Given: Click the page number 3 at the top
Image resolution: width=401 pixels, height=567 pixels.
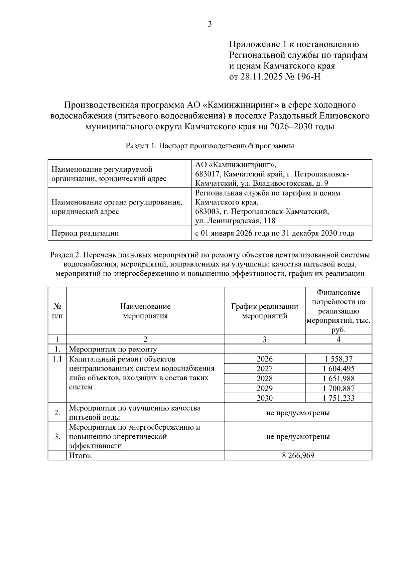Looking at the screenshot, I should click(x=210, y=24).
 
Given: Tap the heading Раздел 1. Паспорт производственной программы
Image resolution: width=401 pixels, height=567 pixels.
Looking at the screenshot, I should click(x=210, y=146).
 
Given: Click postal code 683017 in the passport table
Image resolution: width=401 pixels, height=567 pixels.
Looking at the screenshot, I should click(x=207, y=174).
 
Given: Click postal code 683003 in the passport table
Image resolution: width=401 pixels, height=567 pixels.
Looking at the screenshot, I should click(x=207, y=211).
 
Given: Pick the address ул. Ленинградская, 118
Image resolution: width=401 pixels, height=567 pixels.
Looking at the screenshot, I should click(x=235, y=221).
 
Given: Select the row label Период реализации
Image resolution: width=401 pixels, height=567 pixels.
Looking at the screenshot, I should click(x=85, y=233).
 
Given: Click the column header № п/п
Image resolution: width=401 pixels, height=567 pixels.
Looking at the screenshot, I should click(x=57, y=311).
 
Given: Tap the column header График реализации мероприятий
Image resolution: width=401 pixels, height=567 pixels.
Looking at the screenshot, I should click(x=264, y=311).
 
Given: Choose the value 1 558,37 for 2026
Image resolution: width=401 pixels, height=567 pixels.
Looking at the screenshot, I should click(x=338, y=359).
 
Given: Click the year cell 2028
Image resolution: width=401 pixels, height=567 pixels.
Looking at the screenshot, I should click(x=264, y=379).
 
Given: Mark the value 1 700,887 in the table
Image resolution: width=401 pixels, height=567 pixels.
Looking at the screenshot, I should click(x=338, y=388).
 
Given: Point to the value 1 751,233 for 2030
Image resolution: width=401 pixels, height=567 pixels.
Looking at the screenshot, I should click(x=338, y=398).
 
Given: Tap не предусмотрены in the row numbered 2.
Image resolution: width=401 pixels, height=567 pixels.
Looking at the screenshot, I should click(x=298, y=413).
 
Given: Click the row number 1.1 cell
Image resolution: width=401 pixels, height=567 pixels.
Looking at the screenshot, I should click(x=57, y=360).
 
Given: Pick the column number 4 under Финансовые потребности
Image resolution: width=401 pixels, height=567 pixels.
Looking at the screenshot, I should click(x=338, y=339).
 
